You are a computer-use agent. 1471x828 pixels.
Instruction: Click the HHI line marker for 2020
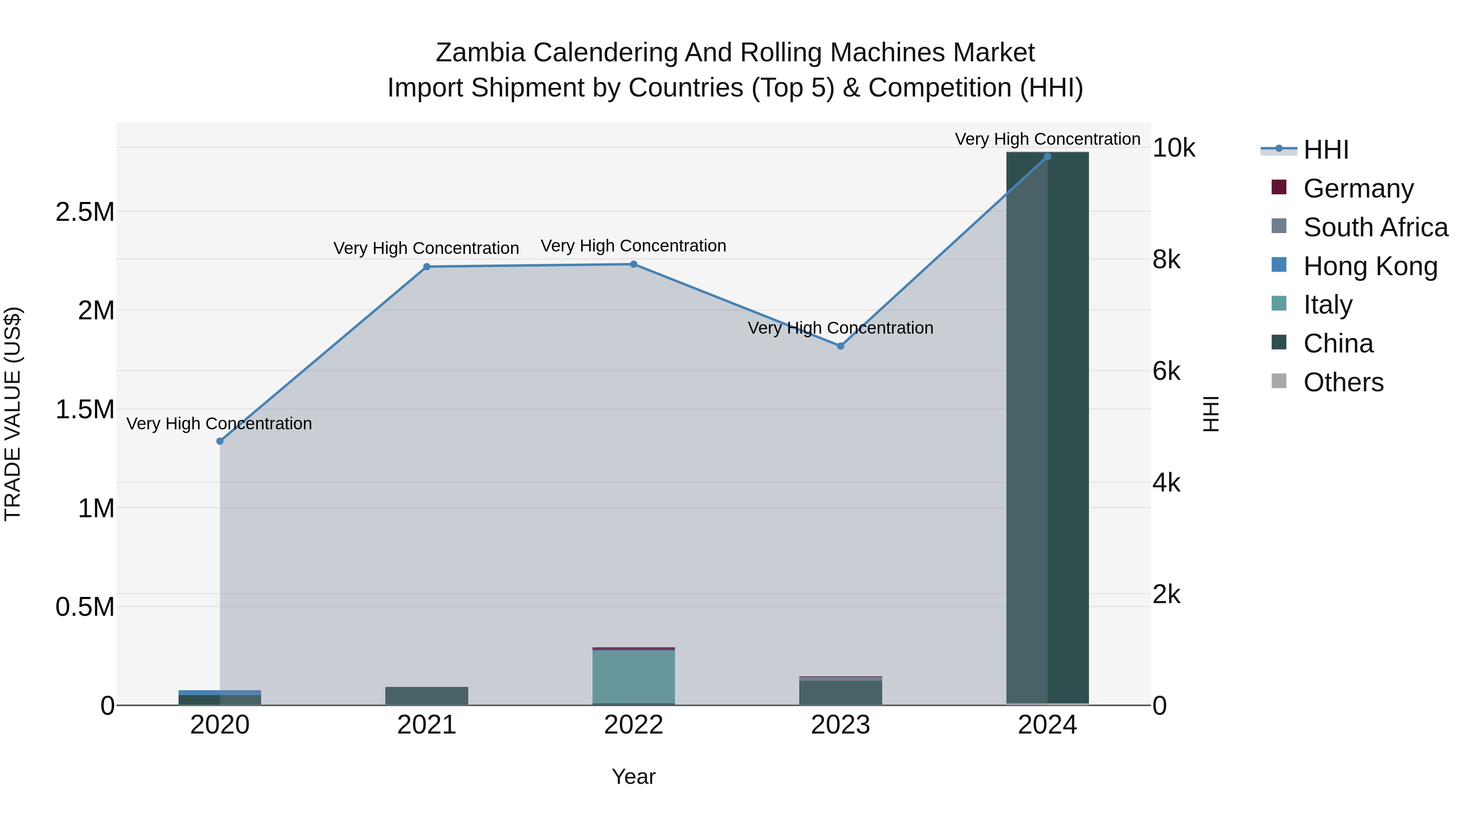tap(220, 441)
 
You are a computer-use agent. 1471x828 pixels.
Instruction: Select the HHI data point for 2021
tap(427, 266)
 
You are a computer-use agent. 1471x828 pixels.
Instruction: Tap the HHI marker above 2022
tap(633, 264)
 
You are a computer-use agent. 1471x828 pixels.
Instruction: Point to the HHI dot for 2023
tap(840, 346)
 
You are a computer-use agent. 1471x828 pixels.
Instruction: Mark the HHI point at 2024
tap(1047, 157)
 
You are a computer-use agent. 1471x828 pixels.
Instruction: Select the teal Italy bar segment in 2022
tap(633, 677)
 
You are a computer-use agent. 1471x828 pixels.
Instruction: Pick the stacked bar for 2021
tap(427, 696)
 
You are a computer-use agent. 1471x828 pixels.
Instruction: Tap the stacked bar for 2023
tap(840, 692)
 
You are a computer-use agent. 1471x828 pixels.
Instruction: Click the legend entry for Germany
tap(1358, 188)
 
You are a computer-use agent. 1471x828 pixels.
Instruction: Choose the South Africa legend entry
tap(1375, 227)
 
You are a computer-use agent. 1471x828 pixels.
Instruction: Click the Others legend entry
tap(1343, 382)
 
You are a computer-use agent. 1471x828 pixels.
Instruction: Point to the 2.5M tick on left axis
tap(85, 212)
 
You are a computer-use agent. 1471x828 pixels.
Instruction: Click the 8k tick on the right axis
tap(1166, 260)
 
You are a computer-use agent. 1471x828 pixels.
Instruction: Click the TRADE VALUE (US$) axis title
tap(13, 414)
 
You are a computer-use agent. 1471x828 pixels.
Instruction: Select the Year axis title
tap(633, 776)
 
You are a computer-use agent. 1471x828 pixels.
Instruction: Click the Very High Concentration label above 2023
tap(840, 328)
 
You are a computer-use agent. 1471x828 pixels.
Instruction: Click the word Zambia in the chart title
tap(480, 53)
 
